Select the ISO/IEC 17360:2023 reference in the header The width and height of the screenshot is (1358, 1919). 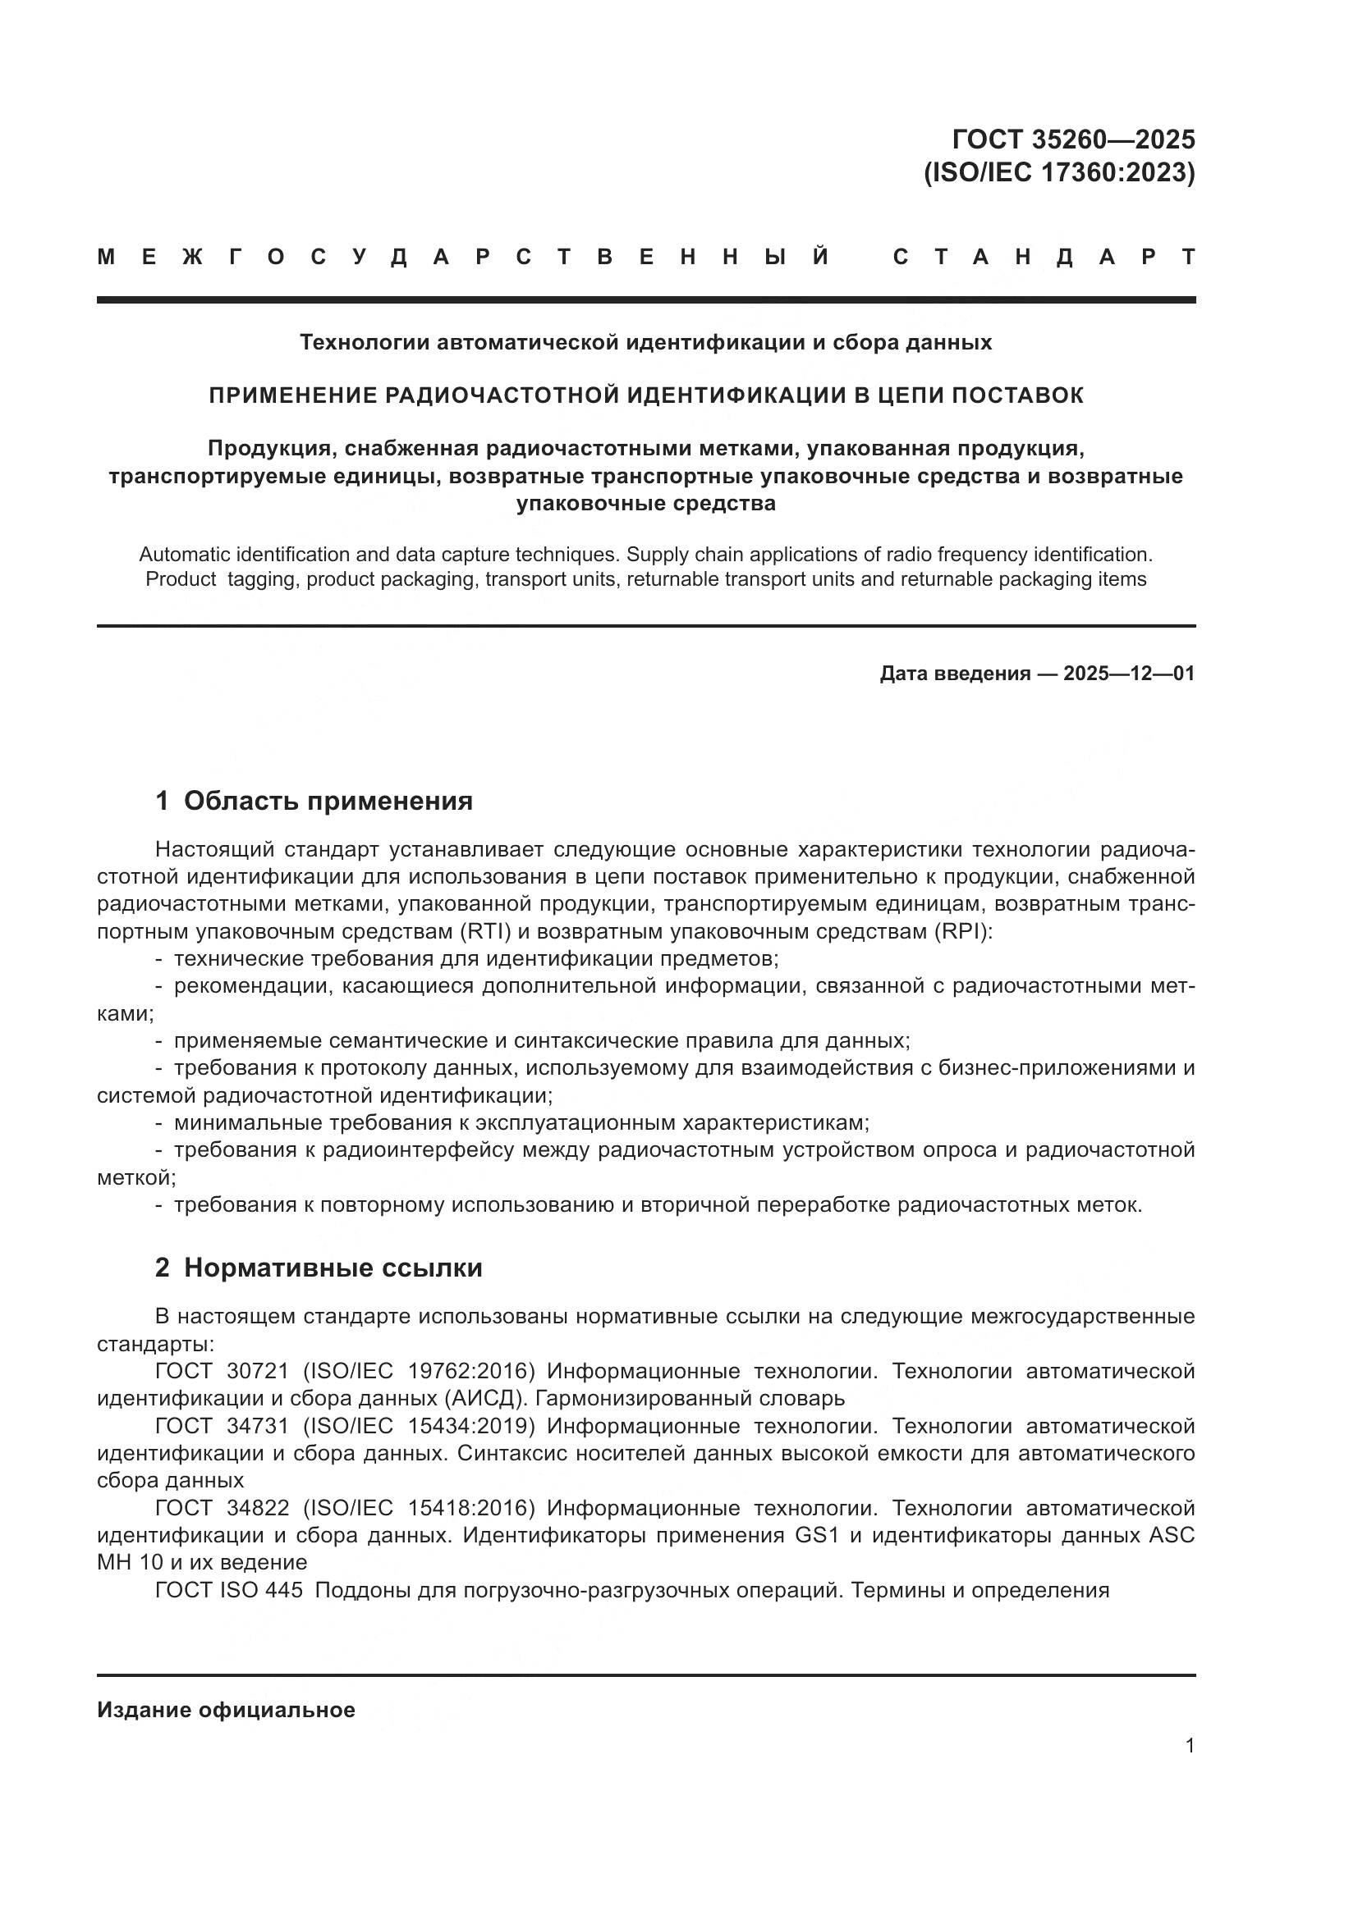click(1059, 172)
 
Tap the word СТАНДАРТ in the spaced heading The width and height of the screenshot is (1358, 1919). click(1044, 257)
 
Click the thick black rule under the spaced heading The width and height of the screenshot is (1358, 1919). click(645, 299)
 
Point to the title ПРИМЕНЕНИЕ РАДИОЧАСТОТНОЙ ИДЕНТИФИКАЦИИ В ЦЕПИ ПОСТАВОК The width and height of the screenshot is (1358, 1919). click(645, 395)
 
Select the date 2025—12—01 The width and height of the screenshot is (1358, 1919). click(1128, 674)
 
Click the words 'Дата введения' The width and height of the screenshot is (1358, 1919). click(954, 674)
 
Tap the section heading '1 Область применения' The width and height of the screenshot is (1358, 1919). click(314, 801)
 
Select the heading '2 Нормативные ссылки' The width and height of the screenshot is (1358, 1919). click(319, 1268)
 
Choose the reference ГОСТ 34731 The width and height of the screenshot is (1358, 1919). click(222, 1426)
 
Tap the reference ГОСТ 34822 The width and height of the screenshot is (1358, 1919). click(222, 1508)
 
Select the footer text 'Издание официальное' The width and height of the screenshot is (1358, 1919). click(226, 1710)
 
